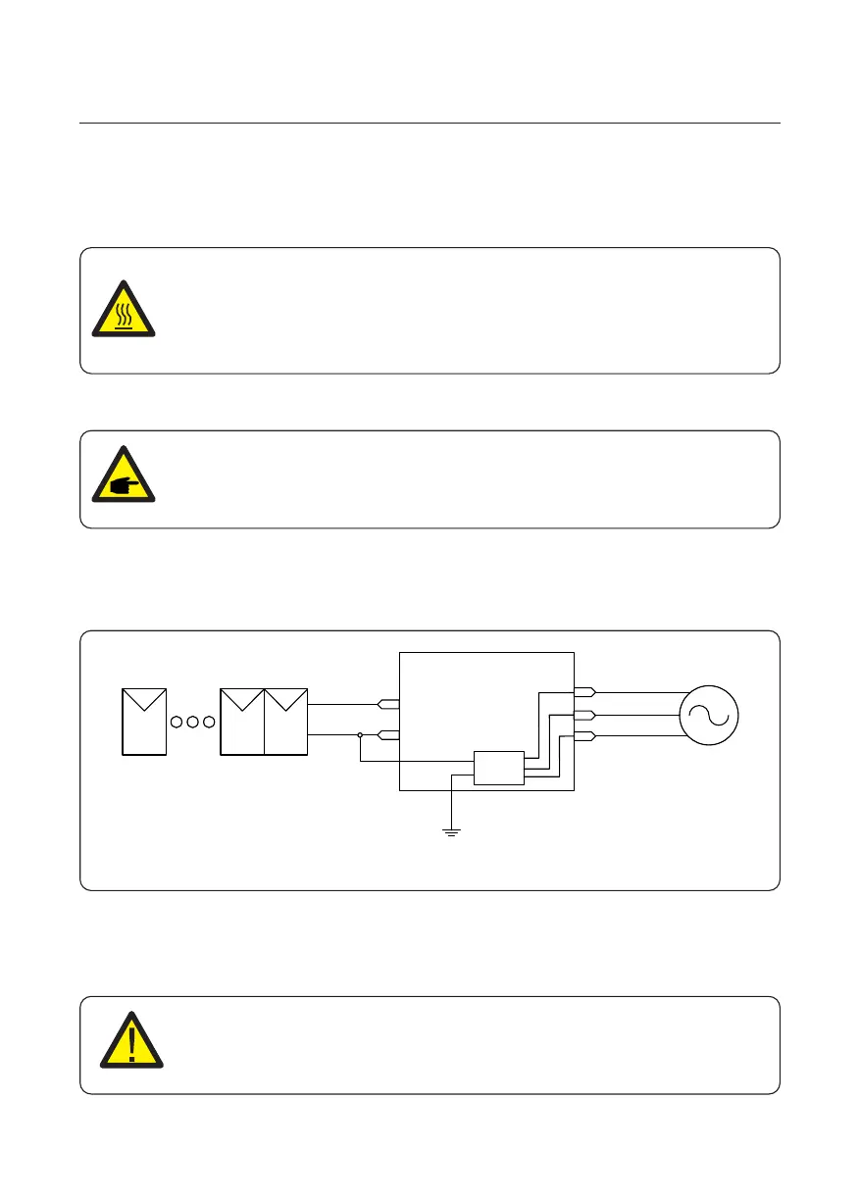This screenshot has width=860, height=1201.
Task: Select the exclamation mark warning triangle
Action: pos(130,1042)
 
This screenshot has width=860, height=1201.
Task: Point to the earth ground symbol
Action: pos(451,831)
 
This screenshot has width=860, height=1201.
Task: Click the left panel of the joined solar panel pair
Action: pos(242,721)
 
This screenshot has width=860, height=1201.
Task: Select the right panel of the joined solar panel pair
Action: pos(286,721)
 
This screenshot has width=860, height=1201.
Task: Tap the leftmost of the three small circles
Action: pos(177,723)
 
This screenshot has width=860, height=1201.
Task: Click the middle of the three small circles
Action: pos(193,723)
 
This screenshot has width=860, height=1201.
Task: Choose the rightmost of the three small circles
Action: pos(209,723)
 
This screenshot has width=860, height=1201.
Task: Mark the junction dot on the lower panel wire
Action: pos(361,733)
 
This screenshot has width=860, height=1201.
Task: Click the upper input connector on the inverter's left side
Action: pos(388,704)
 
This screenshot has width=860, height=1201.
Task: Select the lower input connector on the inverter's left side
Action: pos(388,733)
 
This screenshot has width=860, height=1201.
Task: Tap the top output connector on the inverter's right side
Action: pos(584,692)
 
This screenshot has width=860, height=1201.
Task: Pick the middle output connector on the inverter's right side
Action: pos(584,715)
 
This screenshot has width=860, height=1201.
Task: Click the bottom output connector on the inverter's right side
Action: pos(584,736)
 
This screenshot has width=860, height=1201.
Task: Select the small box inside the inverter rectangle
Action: pos(499,768)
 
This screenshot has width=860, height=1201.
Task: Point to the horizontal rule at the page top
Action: pos(430,124)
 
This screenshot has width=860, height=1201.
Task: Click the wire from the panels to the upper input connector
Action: pos(343,704)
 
